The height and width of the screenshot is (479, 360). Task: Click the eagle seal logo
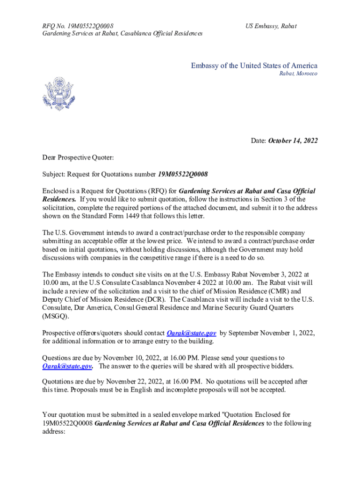[58, 94]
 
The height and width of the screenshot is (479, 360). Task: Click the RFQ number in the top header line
[89, 26]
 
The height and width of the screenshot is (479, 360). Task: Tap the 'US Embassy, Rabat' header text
[271, 26]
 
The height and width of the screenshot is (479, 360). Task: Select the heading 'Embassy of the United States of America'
[254, 65]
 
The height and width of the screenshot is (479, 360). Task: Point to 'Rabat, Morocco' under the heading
[298, 74]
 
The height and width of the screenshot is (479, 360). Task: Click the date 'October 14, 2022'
[293, 140]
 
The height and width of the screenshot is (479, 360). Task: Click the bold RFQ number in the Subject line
[183, 174]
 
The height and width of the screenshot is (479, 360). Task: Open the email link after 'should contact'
[191, 333]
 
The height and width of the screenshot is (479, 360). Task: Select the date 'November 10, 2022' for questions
[131, 358]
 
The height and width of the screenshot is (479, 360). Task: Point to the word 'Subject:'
[54, 174]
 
